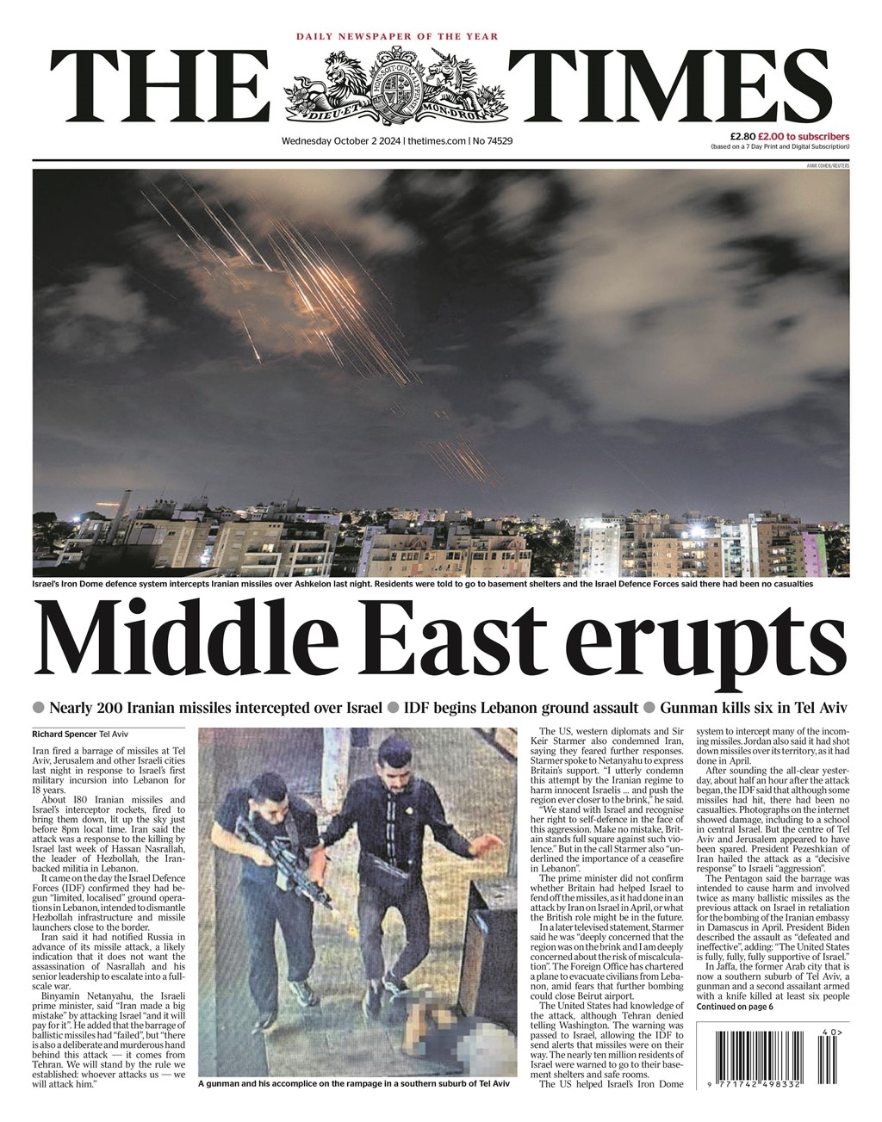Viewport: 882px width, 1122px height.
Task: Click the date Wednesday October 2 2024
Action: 341,140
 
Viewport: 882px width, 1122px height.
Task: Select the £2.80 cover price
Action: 742,136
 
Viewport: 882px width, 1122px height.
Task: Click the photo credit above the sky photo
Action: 827,164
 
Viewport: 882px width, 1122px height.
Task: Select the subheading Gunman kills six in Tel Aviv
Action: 754,708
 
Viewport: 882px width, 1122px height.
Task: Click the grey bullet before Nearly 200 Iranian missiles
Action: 38,708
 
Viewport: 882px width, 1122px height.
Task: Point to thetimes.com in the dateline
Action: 436,140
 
